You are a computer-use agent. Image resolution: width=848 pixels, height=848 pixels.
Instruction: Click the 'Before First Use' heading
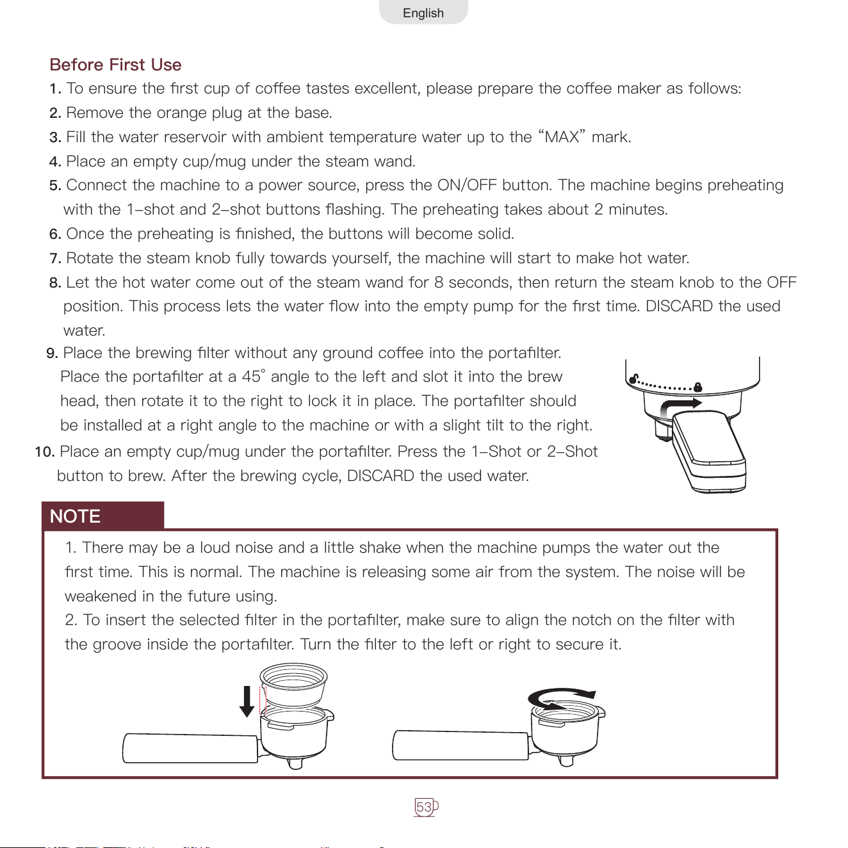(x=115, y=65)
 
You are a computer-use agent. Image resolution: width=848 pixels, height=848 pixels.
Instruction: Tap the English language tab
(x=423, y=12)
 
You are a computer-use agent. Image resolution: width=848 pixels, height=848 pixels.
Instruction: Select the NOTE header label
(x=75, y=516)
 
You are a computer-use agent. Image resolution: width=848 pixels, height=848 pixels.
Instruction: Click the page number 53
(x=424, y=806)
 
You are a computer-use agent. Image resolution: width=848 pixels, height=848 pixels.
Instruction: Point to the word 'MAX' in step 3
(x=562, y=137)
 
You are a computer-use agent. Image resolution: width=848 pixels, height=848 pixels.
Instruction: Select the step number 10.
(x=44, y=452)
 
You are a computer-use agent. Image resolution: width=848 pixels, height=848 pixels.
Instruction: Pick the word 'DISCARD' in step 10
(x=380, y=476)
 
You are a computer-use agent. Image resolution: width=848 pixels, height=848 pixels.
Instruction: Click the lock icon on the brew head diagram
(x=698, y=387)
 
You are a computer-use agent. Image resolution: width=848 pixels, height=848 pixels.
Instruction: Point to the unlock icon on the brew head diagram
(x=633, y=379)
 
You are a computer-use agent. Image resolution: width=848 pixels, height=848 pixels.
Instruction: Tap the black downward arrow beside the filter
(x=247, y=701)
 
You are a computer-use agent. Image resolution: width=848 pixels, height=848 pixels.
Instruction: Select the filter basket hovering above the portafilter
(x=293, y=685)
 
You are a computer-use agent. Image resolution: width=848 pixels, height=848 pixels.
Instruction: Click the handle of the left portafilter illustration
(x=190, y=747)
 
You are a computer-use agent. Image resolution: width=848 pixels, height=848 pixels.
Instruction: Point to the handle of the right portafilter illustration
(x=461, y=745)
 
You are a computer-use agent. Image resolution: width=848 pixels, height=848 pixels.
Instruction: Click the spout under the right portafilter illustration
(x=566, y=760)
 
